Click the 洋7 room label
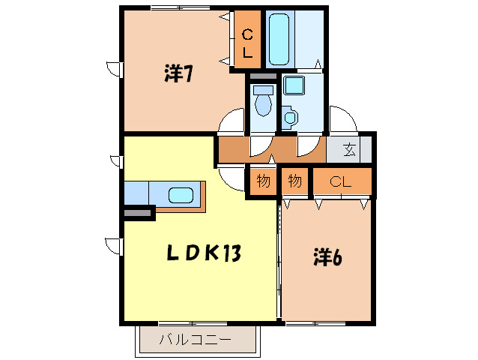(180, 74)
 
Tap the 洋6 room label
(327, 257)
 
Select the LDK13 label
(202, 254)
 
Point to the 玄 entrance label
(349, 148)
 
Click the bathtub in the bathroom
(282, 39)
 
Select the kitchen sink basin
(181, 196)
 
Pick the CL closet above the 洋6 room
(341, 181)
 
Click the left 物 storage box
(263, 181)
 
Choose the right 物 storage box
(295, 181)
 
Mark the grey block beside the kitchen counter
(139, 214)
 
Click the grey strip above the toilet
(262, 76)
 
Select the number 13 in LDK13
(231, 254)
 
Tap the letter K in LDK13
(211, 254)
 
